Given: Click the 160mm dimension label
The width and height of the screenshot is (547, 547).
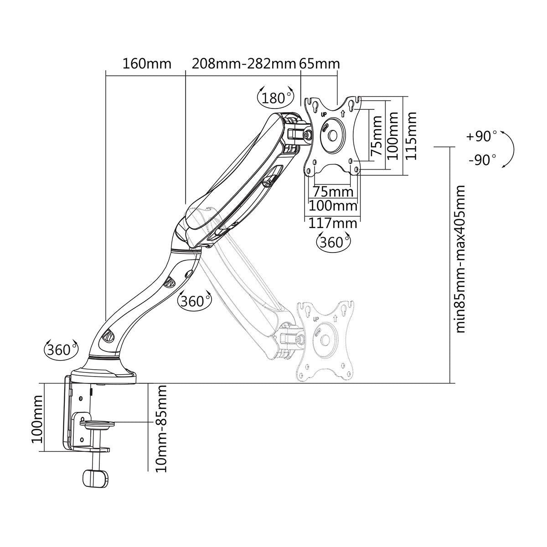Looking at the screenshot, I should point(147,63).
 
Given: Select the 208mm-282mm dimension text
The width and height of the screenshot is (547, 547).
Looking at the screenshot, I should point(243,63).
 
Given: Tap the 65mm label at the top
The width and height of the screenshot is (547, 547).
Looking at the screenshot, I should point(320,63).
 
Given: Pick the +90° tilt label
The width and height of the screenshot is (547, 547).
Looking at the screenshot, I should point(481,136).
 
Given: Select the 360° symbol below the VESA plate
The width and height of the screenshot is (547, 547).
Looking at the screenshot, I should point(332,242).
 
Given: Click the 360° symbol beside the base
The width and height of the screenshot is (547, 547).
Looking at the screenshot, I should point(60,350).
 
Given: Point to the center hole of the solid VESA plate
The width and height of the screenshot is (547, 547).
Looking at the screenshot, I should point(332,135).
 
